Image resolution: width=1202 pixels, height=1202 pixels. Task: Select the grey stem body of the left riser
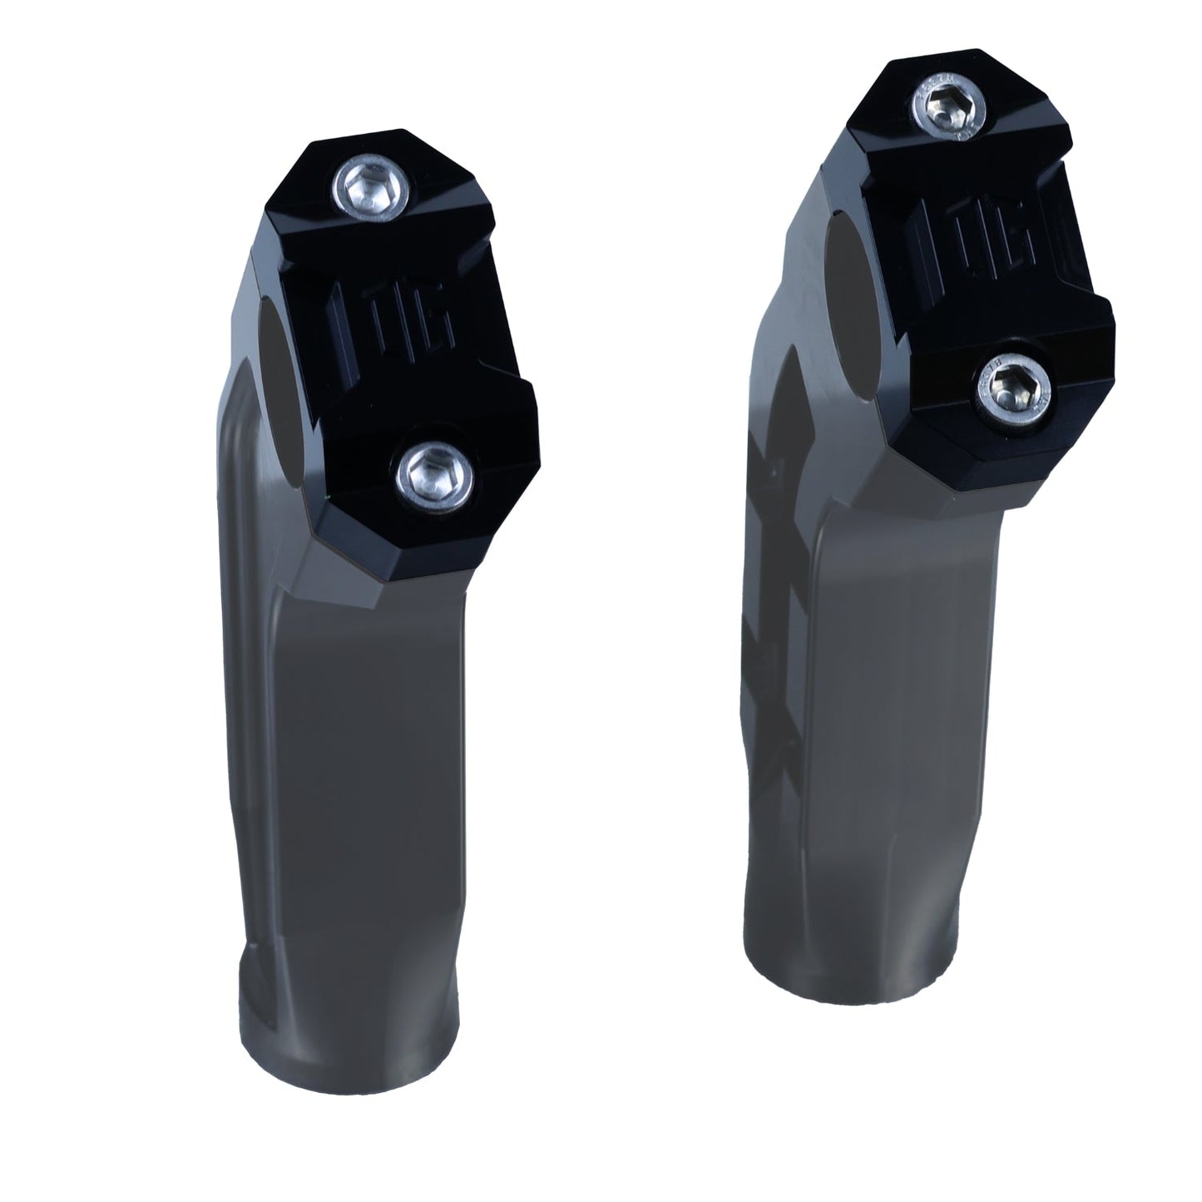[x=333, y=749]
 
